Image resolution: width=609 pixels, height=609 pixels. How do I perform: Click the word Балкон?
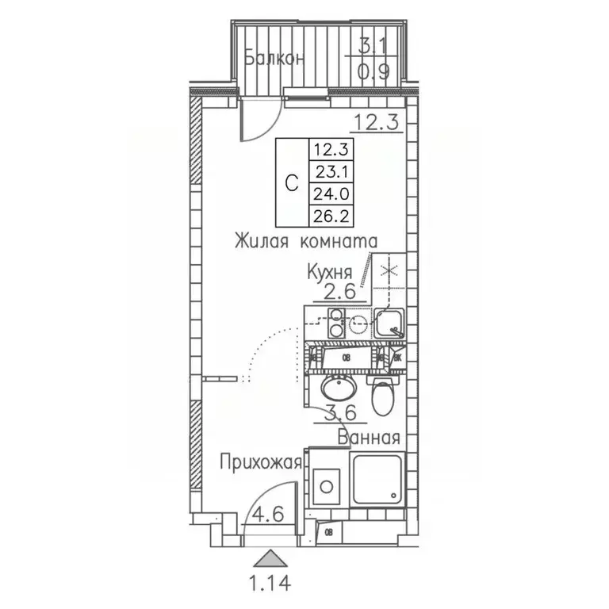[x=274, y=59]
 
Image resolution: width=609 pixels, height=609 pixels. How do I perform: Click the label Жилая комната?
[x=305, y=241]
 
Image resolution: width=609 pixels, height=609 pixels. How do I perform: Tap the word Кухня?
[x=331, y=272]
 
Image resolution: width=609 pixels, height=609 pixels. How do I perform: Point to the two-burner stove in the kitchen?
[x=347, y=323]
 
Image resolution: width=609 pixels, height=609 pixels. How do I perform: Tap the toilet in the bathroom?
[x=381, y=396]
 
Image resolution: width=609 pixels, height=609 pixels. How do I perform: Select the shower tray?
[x=379, y=480]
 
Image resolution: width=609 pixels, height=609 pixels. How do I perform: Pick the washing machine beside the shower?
[x=326, y=484]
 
